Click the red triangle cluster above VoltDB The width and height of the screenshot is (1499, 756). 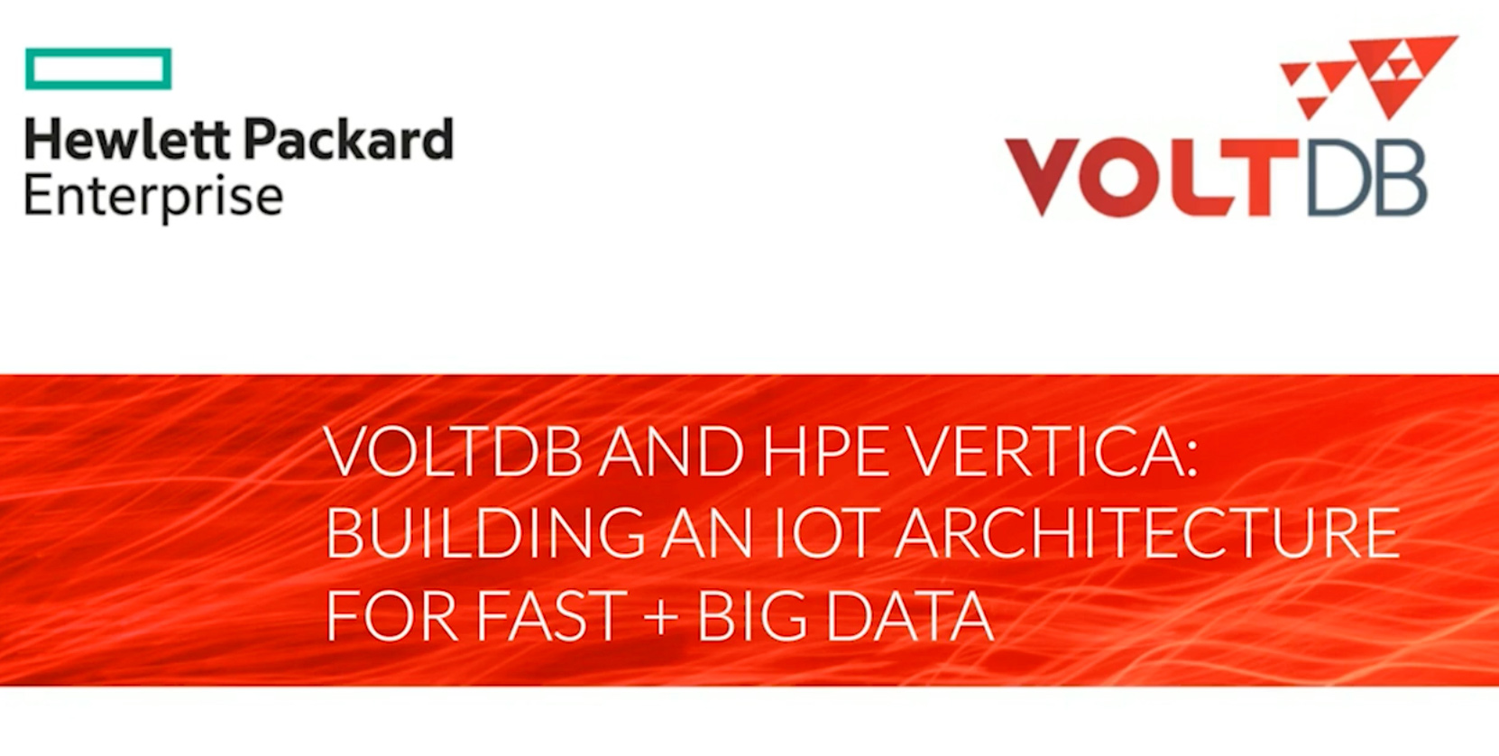tap(1367, 78)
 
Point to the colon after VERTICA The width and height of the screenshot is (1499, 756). tap(1190, 458)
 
